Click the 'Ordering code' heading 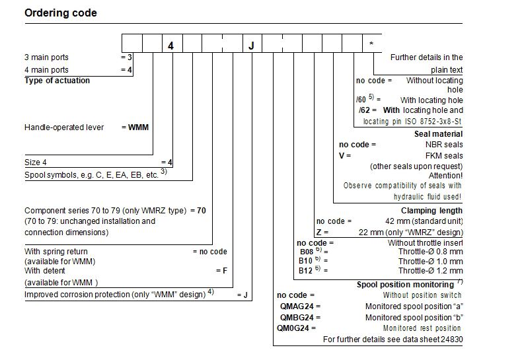click(61, 13)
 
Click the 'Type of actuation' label click(57, 81)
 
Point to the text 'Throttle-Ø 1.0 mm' click(430, 262)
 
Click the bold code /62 click(365, 110)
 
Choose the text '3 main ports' click(46, 57)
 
